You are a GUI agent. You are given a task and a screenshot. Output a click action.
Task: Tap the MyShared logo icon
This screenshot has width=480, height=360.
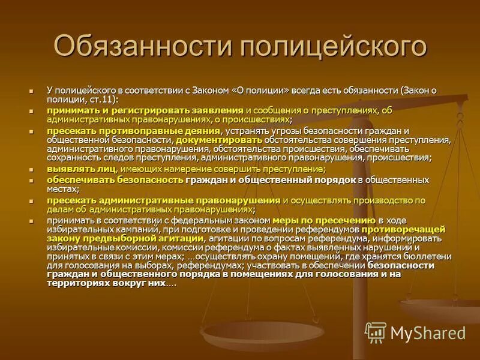coord(376,332)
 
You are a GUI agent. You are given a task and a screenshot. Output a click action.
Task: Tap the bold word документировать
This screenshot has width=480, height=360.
coord(211,140)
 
